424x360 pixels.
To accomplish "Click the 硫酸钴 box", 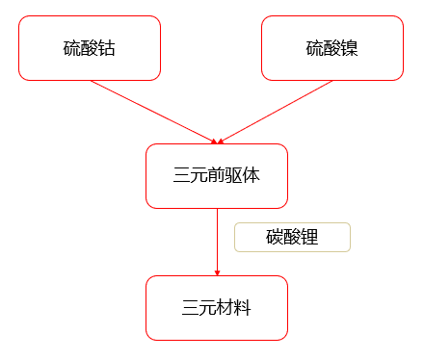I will pos(90,47).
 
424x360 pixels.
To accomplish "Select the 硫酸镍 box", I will pos(331,47).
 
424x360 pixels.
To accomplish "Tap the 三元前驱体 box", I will pos(217,175).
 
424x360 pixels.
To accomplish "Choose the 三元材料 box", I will pos(217,307).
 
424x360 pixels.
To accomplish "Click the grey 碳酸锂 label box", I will pos(292,238).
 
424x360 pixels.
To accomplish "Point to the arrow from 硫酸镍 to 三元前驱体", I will pos(279,110).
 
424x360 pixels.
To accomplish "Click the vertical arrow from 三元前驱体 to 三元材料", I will pos(217,241).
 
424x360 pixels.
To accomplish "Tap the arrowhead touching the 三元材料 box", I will pos(217,272).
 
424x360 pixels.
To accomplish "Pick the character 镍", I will pos(349,48).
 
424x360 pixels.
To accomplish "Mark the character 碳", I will pos(275,238).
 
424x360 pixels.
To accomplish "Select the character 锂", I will pos(309,238).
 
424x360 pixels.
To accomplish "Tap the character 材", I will pos(225,308).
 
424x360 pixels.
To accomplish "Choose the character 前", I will pos(217,176).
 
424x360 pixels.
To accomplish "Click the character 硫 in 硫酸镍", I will pos(314,48).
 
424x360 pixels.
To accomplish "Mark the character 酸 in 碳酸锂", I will pos(292,238).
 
